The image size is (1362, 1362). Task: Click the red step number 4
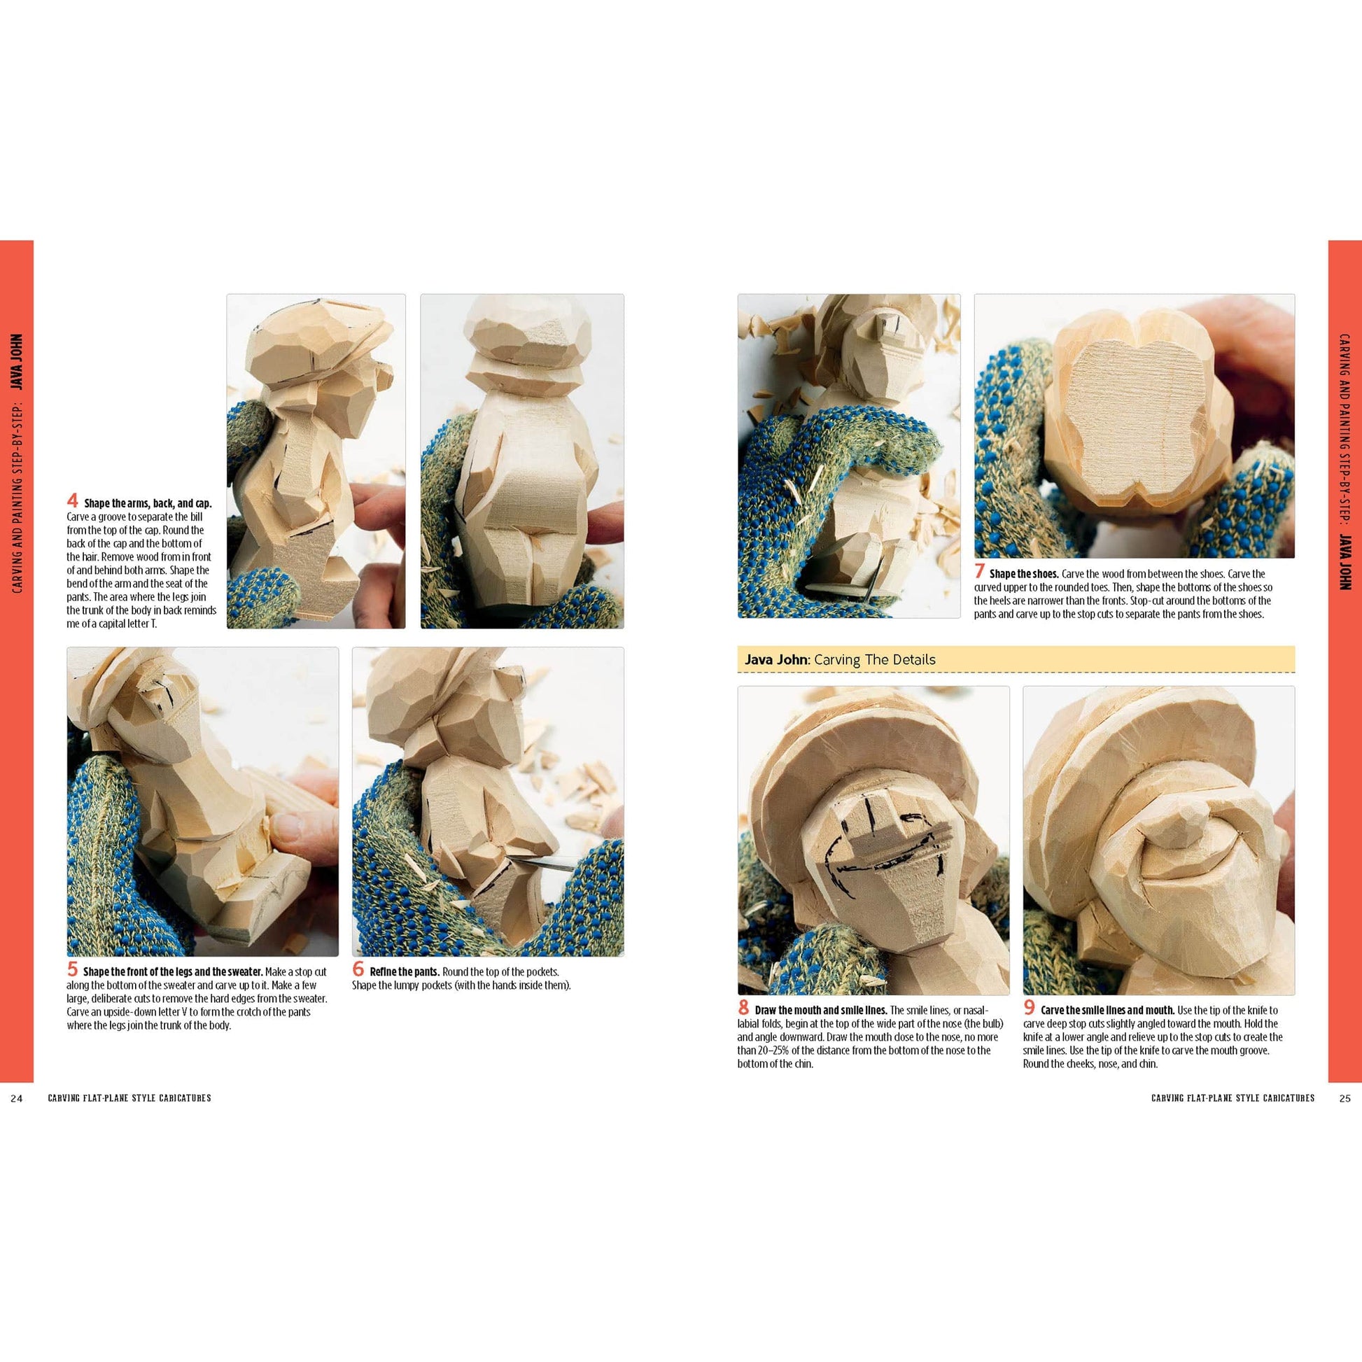coord(73,500)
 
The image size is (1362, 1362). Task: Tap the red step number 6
coord(359,970)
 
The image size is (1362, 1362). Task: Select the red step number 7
coord(980,573)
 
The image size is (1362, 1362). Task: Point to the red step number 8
coord(744,1009)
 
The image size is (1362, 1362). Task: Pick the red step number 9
coord(1030,1009)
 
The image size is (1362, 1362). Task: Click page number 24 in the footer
coord(17,1097)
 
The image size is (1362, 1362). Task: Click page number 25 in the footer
coord(1345,1097)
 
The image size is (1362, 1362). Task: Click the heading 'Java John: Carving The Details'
coord(840,660)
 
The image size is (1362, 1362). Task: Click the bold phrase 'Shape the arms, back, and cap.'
coord(148,503)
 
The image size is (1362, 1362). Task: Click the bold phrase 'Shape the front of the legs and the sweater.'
coord(173,973)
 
